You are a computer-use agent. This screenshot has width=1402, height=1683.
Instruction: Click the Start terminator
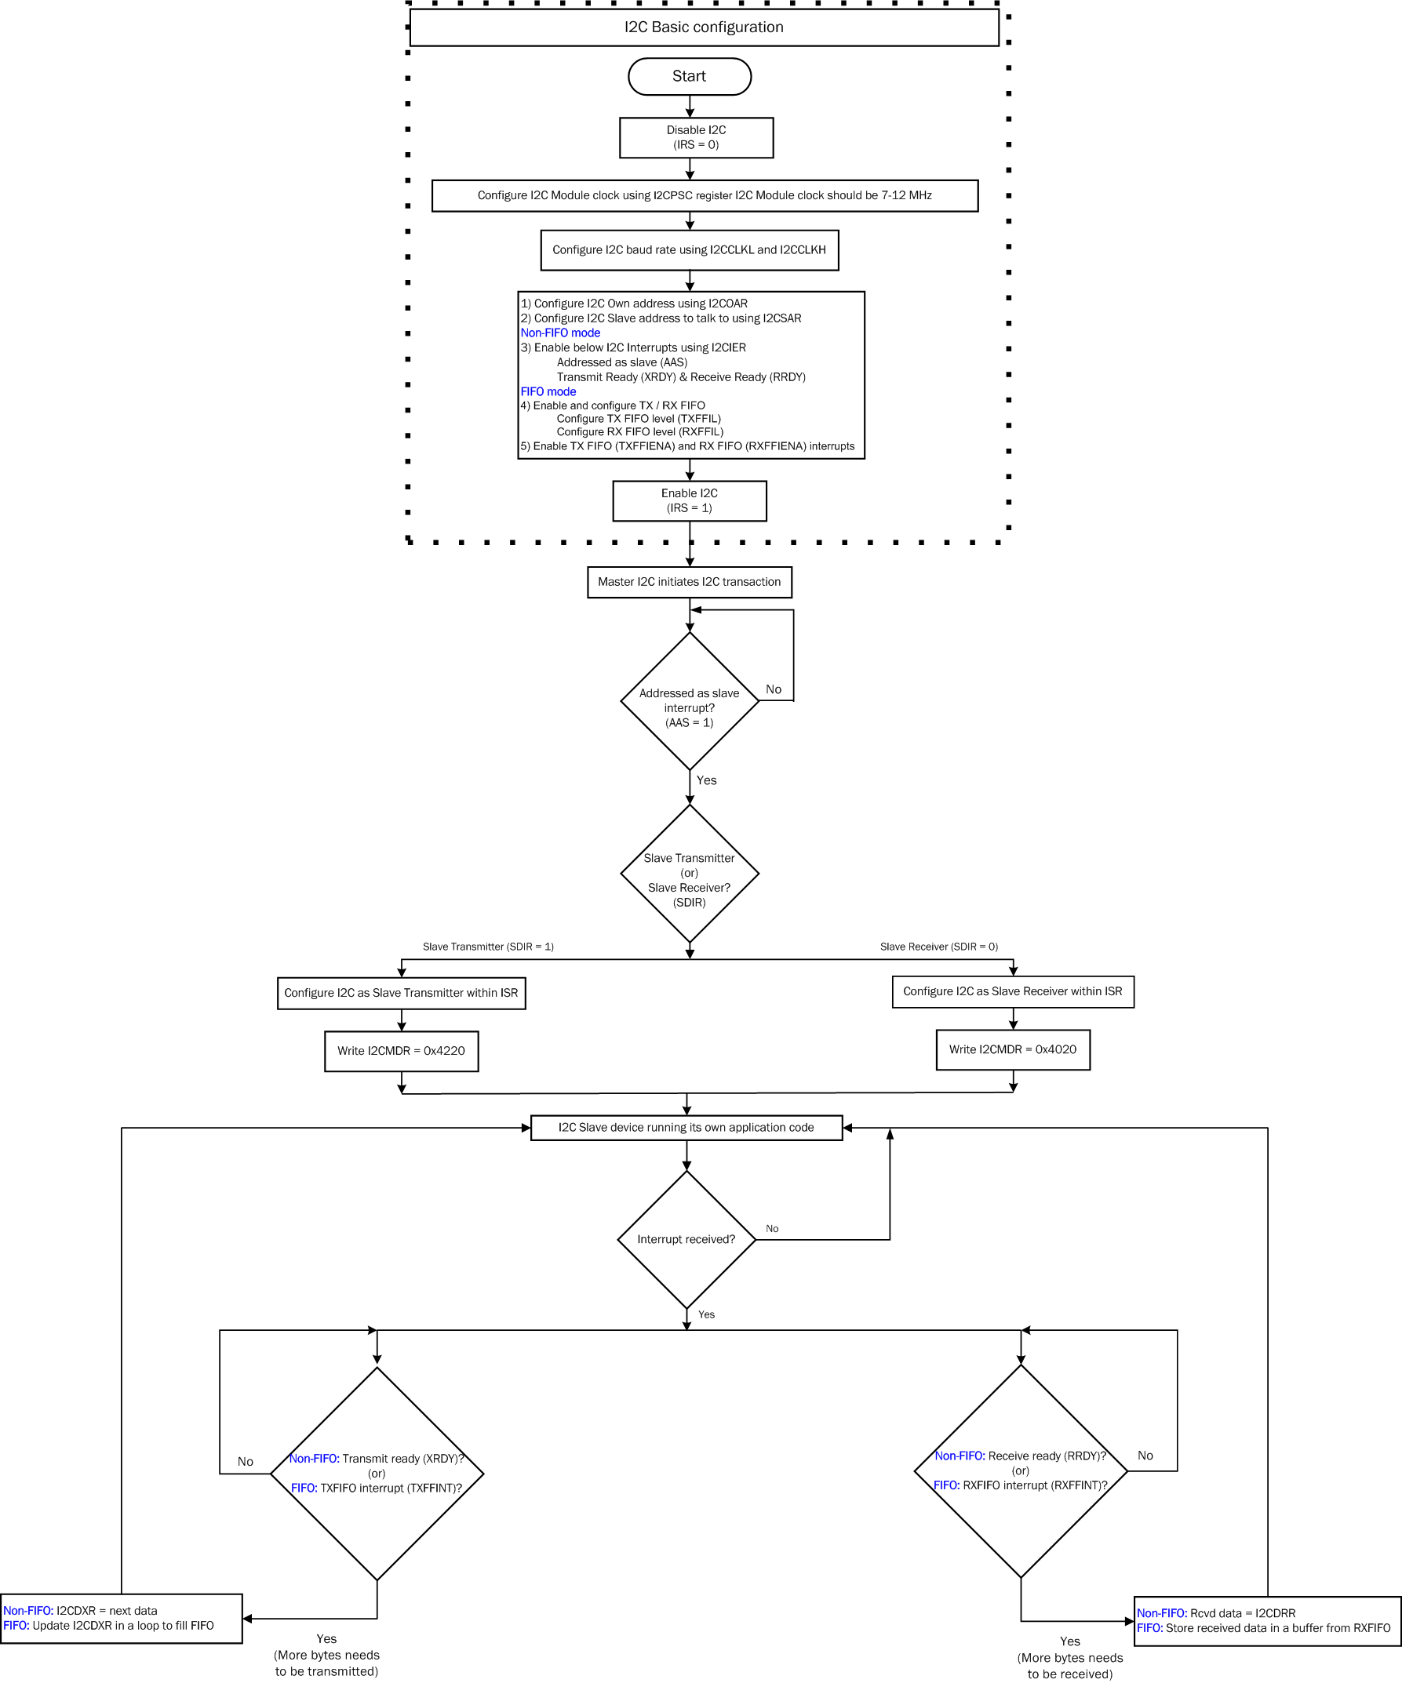pyautogui.click(x=690, y=76)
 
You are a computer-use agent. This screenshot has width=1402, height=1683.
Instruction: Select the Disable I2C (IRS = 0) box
pyautogui.click(x=696, y=138)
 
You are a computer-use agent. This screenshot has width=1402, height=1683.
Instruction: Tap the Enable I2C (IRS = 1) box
pyautogui.click(x=690, y=501)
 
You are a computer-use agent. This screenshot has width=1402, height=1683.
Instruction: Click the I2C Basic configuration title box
pyautogui.click(x=704, y=27)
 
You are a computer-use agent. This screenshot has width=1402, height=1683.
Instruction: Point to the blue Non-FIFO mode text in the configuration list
pyautogui.click(x=560, y=333)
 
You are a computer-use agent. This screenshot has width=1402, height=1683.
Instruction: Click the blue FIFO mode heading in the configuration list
pyautogui.click(x=548, y=391)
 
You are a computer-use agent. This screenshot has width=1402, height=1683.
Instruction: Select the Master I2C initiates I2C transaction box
pyautogui.click(x=690, y=582)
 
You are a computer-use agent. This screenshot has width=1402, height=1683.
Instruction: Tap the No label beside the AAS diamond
pyautogui.click(x=773, y=689)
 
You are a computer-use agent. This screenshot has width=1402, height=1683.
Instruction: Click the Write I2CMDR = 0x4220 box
pyautogui.click(x=401, y=1051)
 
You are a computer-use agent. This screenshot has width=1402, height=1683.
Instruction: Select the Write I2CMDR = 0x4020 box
pyautogui.click(x=1012, y=1049)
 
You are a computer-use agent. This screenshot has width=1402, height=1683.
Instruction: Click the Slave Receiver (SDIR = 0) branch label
pyautogui.click(x=938, y=947)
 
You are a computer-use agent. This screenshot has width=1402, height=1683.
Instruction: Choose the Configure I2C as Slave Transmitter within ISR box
pyautogui.click(x=401, y=993)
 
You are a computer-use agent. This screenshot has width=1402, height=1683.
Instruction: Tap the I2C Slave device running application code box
pyautogui.click(x=686, y=1128)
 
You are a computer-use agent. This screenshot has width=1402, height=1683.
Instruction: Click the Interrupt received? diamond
pyautogui.click(x=686, y=1239)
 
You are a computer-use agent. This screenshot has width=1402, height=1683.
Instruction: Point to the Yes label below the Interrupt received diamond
pyautogui.click(x=706, y=1314)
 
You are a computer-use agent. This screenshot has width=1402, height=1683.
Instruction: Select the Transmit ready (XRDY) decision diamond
pyautogui.click(x=377, y=1473)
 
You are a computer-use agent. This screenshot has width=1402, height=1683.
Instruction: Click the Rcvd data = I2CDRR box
pyautogui.click(x=1266, y=1620)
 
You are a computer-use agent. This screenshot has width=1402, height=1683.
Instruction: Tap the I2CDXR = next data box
pyautogui.click(x=121, y=1618)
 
